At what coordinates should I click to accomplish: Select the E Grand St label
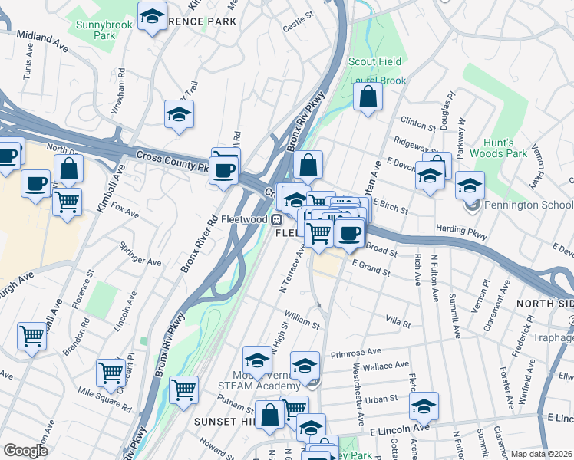tap(371, 268)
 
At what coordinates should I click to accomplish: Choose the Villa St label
tap(398, 321)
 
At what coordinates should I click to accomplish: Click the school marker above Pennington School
tap(470, 185)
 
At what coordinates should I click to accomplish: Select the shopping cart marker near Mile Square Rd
tap(111, 373)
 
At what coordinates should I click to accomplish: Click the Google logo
tap(26, 451)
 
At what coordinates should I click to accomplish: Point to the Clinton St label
tap(417, 121)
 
